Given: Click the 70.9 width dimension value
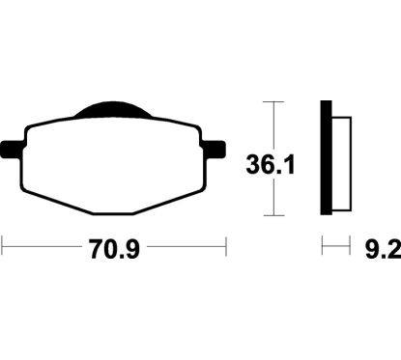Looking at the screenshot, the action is click(x=115, y=249).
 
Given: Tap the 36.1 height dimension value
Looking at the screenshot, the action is click(x=271, y=165).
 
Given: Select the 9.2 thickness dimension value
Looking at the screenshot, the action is click(x=384, y=249).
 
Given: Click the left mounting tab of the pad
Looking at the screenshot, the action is click(x=13, y=150).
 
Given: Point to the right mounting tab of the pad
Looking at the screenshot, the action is click(x=214, y=150).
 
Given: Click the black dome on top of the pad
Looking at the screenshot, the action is click(x=113, y=109).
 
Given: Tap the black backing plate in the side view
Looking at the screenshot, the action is click(x=326, y=157).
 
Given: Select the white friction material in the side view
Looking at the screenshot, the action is click(x=341, y=164).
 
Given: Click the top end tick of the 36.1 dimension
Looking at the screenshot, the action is click(x=273, y=101).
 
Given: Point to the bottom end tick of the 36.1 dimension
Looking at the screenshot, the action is click(x=273, y=215).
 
